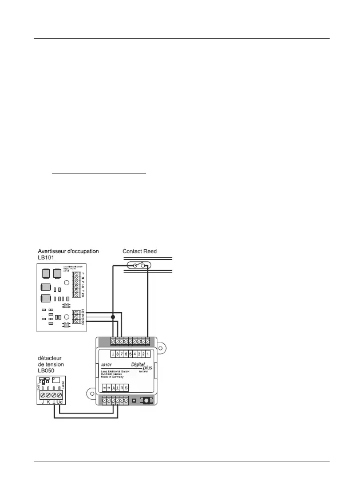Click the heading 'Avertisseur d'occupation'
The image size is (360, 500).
click(69, 251)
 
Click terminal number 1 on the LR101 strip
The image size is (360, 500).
click(148, 354)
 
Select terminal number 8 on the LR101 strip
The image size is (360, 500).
click(116, 354)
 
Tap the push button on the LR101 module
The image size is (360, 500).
click(147, 399)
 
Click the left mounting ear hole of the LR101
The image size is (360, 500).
click(90, 393)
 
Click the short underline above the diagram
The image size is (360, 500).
click(99, 173)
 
